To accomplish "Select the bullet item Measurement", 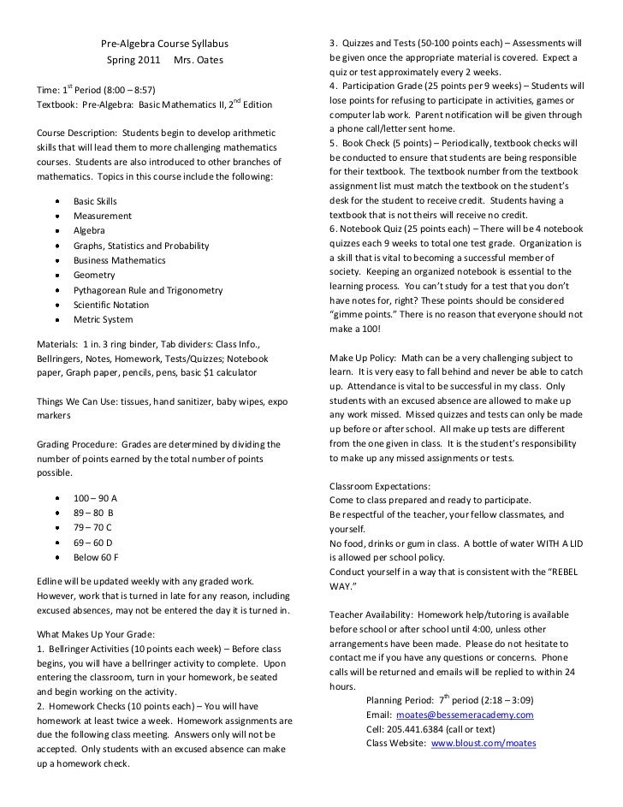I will (x=102, y=216).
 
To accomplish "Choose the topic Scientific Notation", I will (x=116, y=305).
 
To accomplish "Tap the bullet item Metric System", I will (x=103, y=319).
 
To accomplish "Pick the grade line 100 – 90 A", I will (x=95, y=498).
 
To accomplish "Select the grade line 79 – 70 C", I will (x=92, y=527).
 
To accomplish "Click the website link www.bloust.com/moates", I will (x=483, y=744).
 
